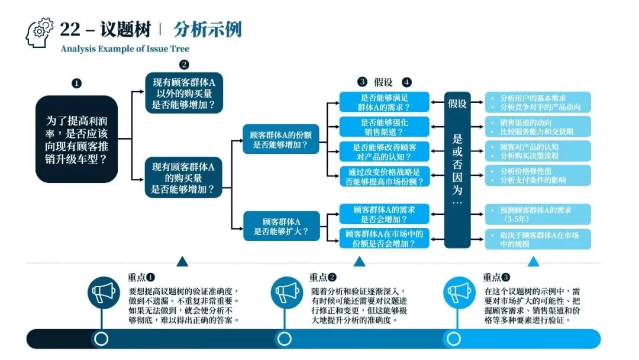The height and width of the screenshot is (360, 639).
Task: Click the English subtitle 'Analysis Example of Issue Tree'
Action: point(125,49)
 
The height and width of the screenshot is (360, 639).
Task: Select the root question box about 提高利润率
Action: point(76,139)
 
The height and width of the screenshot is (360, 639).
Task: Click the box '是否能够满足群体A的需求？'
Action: point(384,102)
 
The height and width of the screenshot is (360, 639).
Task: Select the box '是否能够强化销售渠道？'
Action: point(384,127)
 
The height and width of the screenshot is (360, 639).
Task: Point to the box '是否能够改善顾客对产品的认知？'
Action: point(384,152)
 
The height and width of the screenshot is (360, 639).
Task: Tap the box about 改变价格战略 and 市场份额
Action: point(384,176)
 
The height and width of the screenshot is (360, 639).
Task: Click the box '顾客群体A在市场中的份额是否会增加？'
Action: point(384,238)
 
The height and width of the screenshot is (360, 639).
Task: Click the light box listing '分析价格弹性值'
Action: point(538,176)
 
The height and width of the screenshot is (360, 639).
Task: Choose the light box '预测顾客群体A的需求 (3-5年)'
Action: point(538,213)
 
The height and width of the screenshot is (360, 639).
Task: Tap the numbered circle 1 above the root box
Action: point(76,83)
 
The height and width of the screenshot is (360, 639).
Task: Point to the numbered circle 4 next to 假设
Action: point(406,82)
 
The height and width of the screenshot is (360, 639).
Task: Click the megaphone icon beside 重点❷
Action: point(286,292)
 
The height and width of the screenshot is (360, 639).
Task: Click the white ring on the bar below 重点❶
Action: point(101,339)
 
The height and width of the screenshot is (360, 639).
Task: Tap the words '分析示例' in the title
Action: point(208,29)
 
